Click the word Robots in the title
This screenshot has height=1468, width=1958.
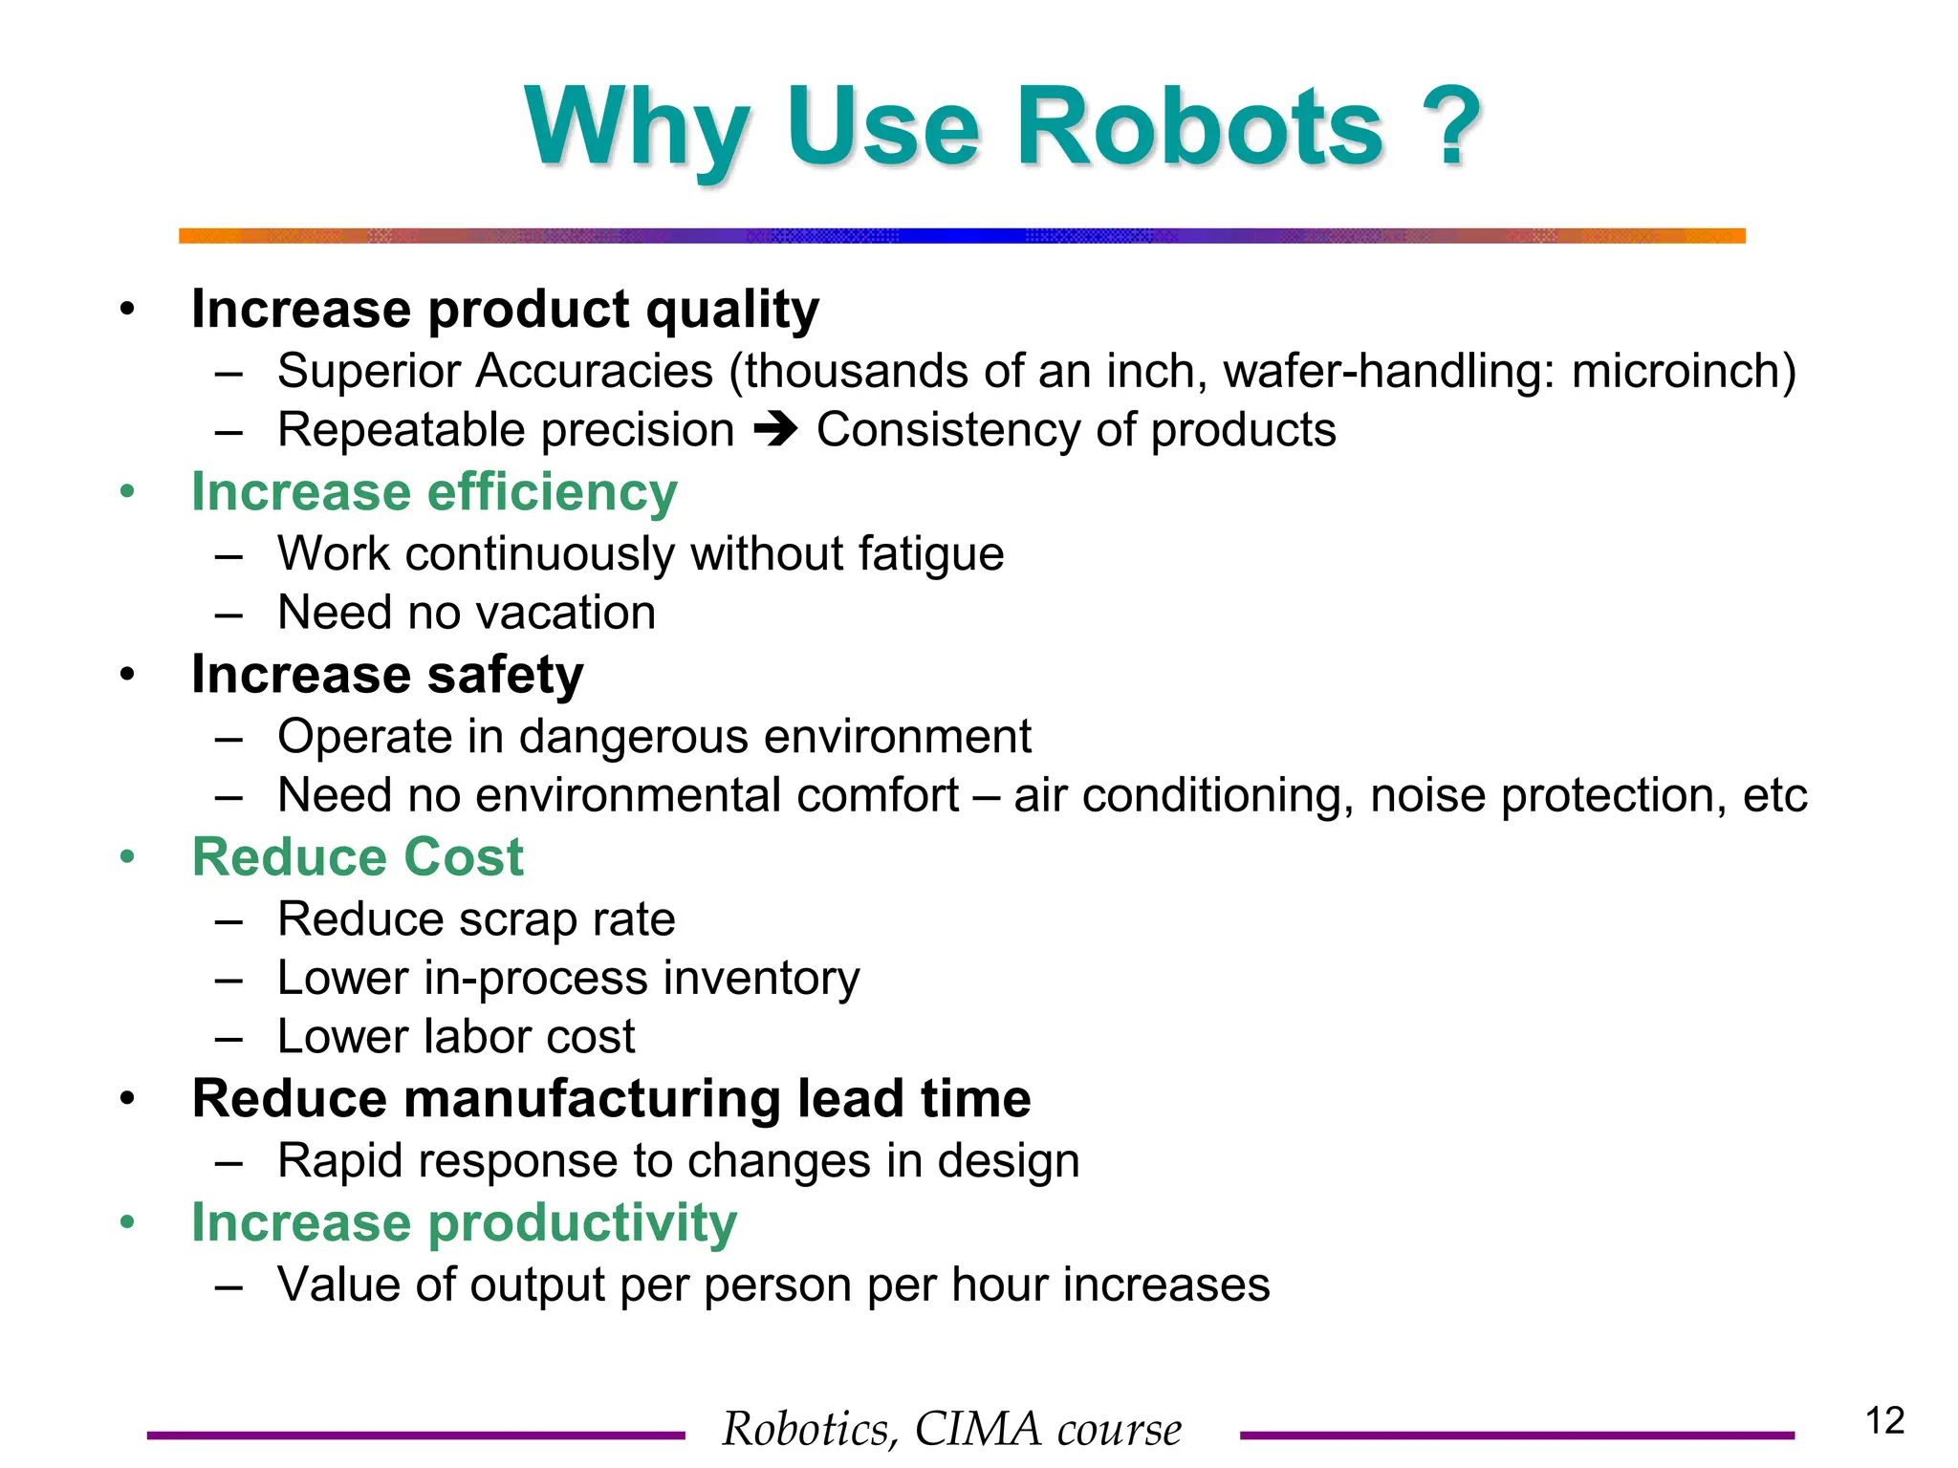[1199, 128]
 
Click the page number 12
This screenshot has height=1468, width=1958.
[1884, 1421]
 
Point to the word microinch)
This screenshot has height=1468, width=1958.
[1684, 371]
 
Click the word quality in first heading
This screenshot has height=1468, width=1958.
[731, 311]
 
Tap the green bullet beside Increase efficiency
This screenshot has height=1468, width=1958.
[127, 492]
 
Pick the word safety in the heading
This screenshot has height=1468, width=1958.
[505, 676]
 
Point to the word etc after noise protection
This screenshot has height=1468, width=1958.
[1774, 796]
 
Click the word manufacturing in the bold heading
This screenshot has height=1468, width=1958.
[592, 1099]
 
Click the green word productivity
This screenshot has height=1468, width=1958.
[582, 1224]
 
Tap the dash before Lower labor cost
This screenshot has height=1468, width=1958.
[228, 1038]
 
